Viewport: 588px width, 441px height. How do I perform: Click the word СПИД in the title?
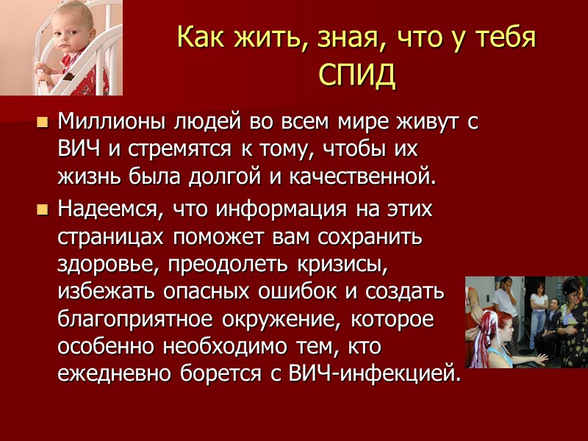(x=357, y=74)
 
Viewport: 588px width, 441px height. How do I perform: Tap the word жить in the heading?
(x=257, y=38)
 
